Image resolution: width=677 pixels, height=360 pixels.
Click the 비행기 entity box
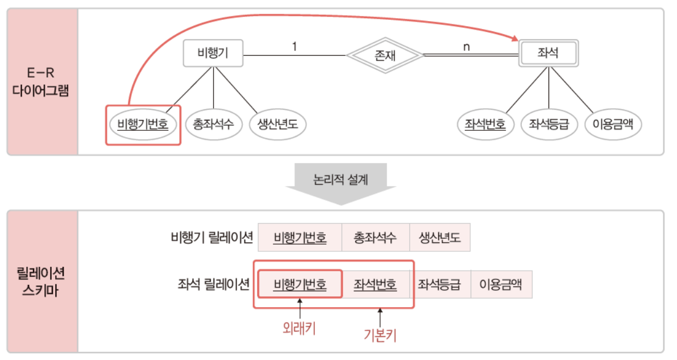pyautogui.click(x=213, y=54)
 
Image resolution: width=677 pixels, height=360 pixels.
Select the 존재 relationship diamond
pyautogui.click(x=385, y=55)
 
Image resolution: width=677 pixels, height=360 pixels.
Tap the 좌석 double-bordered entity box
pyautogui.click(x=548, y=54)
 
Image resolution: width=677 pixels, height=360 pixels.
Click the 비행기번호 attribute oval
pyautogui.click(x=143, y=123)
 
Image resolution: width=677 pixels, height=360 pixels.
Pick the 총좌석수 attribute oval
pyautogui.click(x=213, y=123)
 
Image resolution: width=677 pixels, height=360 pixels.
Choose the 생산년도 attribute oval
pyautogui.click(x=278, y=123)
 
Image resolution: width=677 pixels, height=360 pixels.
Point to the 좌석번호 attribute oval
pyautogui.click(x=485, y=124)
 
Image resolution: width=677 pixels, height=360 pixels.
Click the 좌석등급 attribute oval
pyautogui.click(x=549, y=124)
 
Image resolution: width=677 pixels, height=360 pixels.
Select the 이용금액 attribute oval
pyautogui.click(x=613, y=124)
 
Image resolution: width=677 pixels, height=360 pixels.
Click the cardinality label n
pyautogui.click(x=467, y=47)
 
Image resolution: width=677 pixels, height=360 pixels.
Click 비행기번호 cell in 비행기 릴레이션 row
pyautogui.click(x=300, y=237)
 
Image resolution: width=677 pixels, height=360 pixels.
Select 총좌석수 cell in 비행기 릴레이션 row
pyautogui.click(x=375, y=237)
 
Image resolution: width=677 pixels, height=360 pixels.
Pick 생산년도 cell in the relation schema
pyautogui.click(x=439, y=237)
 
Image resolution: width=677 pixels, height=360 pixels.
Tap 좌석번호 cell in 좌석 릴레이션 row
pyautogui.click(x=375, y=284)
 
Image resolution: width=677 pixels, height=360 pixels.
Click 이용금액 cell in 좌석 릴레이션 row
pyautogui.click(x=501, y=284)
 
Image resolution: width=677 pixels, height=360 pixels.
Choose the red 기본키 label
pyautogui.click(x=380, y=335)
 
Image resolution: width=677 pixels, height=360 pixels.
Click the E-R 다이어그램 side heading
pyautogui.click(x=40, y=82)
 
